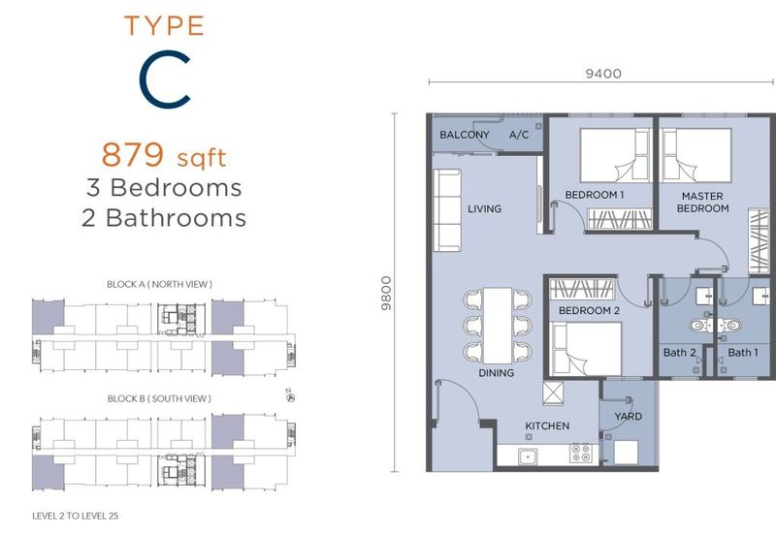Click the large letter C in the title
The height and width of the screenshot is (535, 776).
pyautogui.click(x=148, y=79)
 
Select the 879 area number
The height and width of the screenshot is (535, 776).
pyautogui.click(x=133, y=154)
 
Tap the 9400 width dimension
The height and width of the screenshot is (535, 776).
pyautogui.click(x=603, y=74)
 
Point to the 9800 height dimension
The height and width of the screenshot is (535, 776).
pyautogui.click(x=386, y=294)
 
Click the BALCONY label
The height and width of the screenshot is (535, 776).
pyautogui.click(x=465, y=135)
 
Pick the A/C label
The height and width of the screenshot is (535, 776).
pyautogui.click(x=519, y=135)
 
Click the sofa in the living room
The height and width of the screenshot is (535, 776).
pyautogui.click(x=447, y=210)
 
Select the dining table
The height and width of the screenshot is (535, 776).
pyautogui.click(x=498, y=326)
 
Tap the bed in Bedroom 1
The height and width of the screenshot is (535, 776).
pyautogui.click(x=615, y=155)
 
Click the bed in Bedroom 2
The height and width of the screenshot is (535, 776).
pyautogui.click(x=587, y=349)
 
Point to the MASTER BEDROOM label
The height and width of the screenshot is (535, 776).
pyautogui.click(x=702, y=203)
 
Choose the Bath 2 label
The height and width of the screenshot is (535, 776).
pyautogui.click(x=679, y=353)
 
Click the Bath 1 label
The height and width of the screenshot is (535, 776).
pyautogui.click(x=743, y=353)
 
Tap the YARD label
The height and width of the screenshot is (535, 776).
pyautogui.click(x=628, y=417)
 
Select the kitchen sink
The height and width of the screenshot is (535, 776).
pyautogui.click(x=528, y=456)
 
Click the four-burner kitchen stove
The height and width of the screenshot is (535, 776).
pyautogui.click(x=580, y=453)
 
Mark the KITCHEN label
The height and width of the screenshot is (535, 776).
pyautogui.click(x=547, y=425)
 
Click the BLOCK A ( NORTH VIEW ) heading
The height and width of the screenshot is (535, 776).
pyautogui.click(x=159, y=284)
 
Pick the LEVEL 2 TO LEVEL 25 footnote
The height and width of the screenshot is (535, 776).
pyautogui.click(x=76, y=516)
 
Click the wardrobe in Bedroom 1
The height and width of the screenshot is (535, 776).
pyautogui.click(x=620, y=219)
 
